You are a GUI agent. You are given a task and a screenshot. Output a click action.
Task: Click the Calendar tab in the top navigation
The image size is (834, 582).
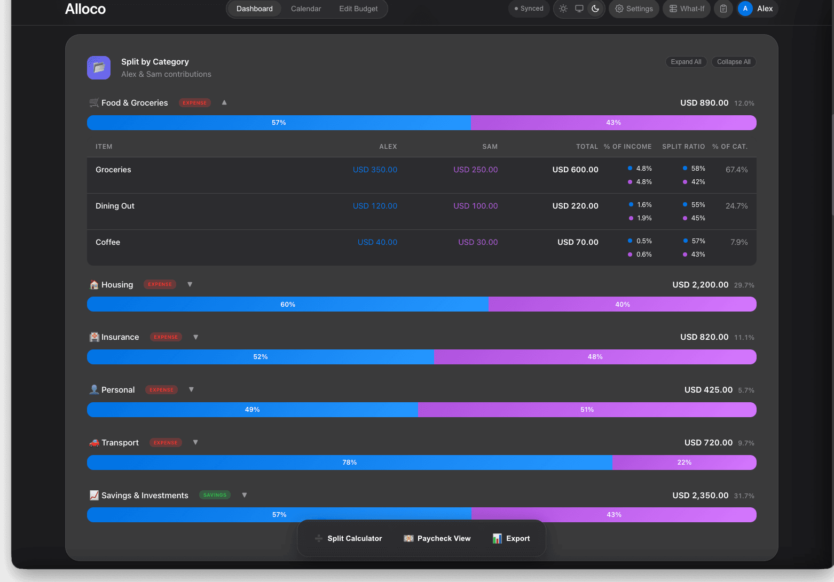(306, 9)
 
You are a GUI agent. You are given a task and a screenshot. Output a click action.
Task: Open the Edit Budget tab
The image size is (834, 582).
(358, 9)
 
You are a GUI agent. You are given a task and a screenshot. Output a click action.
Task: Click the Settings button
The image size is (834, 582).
(634, 9)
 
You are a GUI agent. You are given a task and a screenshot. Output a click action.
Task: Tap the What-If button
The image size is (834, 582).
(687, 9)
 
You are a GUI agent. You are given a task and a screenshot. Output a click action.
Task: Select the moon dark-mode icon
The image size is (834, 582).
(595, 9)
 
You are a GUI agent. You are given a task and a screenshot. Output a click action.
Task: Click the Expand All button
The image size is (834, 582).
(686, 62)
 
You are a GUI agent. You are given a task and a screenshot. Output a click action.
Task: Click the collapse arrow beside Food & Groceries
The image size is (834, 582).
(224, 102)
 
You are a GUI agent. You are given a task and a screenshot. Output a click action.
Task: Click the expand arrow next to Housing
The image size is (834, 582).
(190, 284)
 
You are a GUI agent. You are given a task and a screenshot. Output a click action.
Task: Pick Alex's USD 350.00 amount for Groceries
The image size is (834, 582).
(375, 170)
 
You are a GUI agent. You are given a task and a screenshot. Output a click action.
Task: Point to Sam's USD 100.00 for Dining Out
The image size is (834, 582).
(475, 206)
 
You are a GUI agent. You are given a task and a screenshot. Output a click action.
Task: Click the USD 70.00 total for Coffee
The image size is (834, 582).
(578, 242)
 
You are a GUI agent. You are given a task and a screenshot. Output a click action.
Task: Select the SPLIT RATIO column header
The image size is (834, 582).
(683, 147)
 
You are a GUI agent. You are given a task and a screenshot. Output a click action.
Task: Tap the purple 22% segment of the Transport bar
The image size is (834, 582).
(684, 463)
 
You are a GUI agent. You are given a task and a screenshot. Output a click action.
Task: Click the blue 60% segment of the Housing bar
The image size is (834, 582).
(287, 304)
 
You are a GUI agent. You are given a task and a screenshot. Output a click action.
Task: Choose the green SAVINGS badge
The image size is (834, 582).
(215, 495)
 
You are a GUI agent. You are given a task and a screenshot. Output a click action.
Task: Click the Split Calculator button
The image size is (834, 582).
(349, 538)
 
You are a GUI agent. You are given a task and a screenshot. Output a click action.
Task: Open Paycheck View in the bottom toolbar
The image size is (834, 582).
(437, 538)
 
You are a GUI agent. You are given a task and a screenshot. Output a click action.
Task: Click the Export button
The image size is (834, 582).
(511, 538)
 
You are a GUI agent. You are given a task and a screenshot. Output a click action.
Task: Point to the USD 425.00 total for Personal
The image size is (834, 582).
(708, 390)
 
